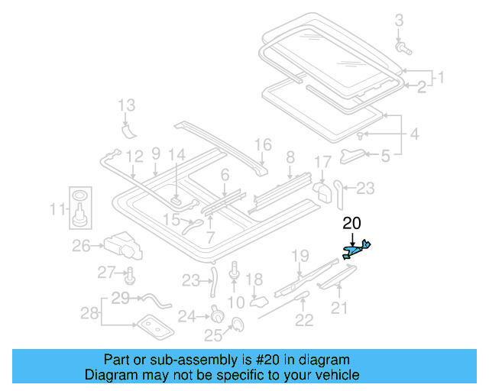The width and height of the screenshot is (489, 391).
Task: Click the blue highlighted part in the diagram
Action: click(358, 249)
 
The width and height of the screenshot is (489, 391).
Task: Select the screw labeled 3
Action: click(403, 48)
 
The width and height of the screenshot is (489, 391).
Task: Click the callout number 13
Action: click(125, 105)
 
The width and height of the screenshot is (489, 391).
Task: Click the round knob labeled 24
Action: click(216, 314)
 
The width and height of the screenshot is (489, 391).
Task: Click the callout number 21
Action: click(339, 308)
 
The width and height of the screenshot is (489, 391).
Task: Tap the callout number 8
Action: click(290, 157)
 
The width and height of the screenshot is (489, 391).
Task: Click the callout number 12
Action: click(134, 157)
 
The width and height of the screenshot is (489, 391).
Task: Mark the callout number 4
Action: click(414, 134)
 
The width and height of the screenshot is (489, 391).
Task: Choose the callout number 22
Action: click(304, 320)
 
